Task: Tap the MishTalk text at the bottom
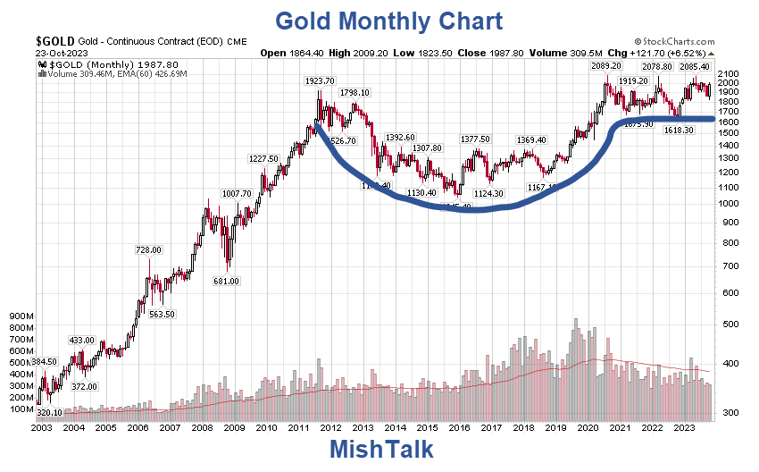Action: coord(381,449)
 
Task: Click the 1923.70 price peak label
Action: coord(320,81)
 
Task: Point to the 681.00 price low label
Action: coord(226,281)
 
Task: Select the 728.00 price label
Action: coord(148,250)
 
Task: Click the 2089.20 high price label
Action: coord(605,66)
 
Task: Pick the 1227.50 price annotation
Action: coord(263,158)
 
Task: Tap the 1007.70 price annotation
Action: coord(237,193)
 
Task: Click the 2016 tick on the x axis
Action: coord(460,428)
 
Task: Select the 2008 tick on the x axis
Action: coord(203,428)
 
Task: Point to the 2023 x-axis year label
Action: coord(685,428)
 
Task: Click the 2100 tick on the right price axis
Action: coord(729,73)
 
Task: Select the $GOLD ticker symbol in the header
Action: coord(56,41)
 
